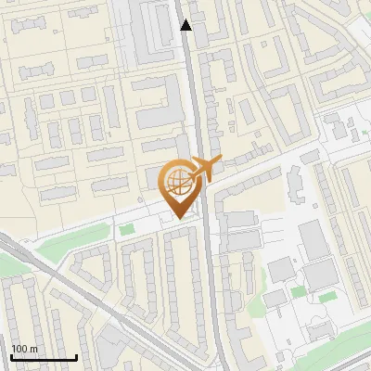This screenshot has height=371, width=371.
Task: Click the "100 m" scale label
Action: tap(24, 349)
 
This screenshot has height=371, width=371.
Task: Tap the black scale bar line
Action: tap(44, 358)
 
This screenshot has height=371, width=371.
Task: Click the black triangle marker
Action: tap(186, 25)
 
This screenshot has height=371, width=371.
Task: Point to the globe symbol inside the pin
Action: tap(176, 181)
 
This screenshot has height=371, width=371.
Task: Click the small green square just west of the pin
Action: tap(126, 227)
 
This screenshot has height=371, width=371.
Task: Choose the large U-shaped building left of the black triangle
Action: tap(149, 37)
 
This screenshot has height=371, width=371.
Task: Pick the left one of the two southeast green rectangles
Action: tap(298, 292)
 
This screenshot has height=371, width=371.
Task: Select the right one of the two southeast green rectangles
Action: tap(326, 297)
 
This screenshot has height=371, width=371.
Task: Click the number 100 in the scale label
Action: tap(19, 349)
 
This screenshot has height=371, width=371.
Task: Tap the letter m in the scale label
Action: tap(33, 350)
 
